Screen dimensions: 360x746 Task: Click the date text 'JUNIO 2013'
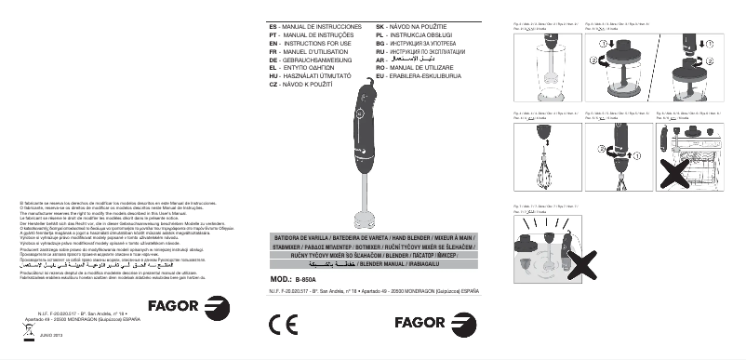tap(53, 336)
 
